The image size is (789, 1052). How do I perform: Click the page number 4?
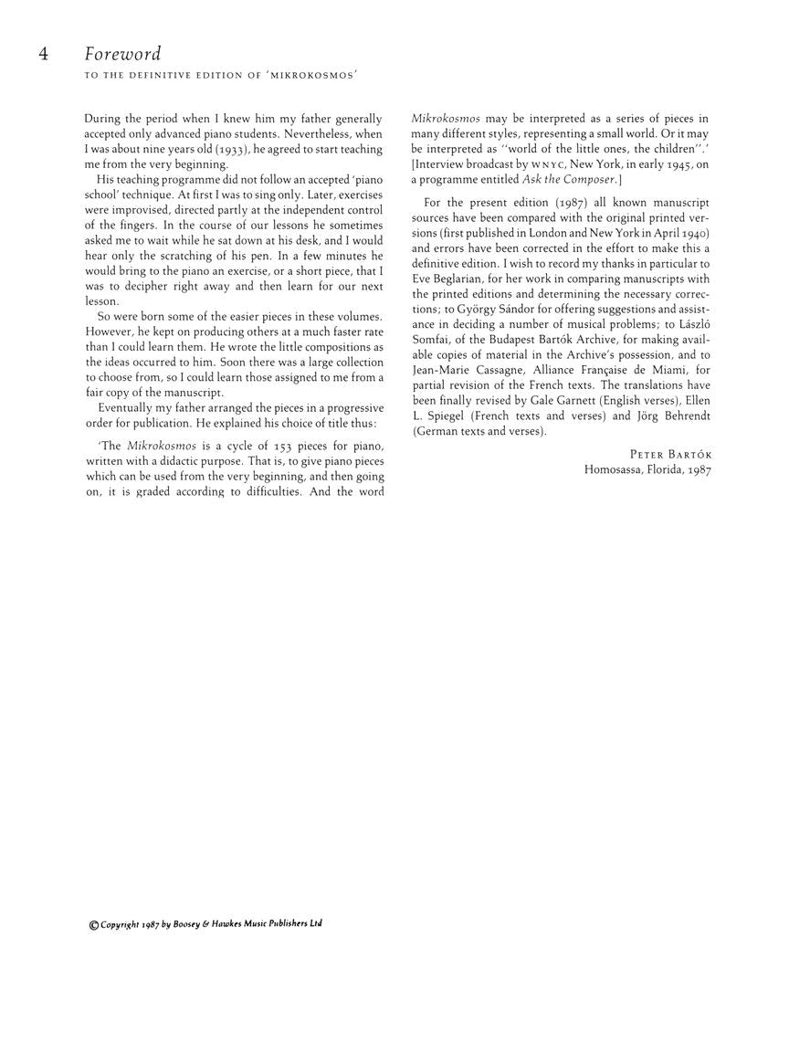coord(43,54)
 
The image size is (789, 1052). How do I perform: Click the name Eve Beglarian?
coord(450,279)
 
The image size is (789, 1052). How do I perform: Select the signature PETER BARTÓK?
coord(670,455)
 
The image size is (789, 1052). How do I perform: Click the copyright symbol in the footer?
coord(94,925)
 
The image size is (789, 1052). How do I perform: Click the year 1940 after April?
coord(693,233)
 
